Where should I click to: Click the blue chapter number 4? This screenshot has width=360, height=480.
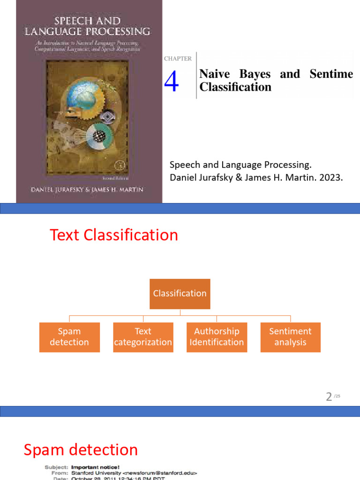pos(172,82)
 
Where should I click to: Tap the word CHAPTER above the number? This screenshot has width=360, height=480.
pos(178,59)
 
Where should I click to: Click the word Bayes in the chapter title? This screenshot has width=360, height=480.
pos(255,74)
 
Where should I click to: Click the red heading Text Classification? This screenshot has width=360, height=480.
pos(114,235)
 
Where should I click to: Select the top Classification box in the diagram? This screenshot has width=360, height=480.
pos(180,293)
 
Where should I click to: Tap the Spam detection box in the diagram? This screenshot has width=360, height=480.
pos(69,337)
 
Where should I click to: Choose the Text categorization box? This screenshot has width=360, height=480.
pos(143,337)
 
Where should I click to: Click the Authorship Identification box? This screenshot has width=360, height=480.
pos(217,337)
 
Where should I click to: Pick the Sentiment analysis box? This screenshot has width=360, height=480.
pos(290,337)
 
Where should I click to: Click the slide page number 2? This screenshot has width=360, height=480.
pos(329,397)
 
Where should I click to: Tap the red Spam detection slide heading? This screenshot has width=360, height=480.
pos(81,450)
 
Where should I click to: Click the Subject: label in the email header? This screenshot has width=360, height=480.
pos(57,467)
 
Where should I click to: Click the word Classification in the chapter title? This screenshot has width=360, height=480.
pos(235,87)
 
